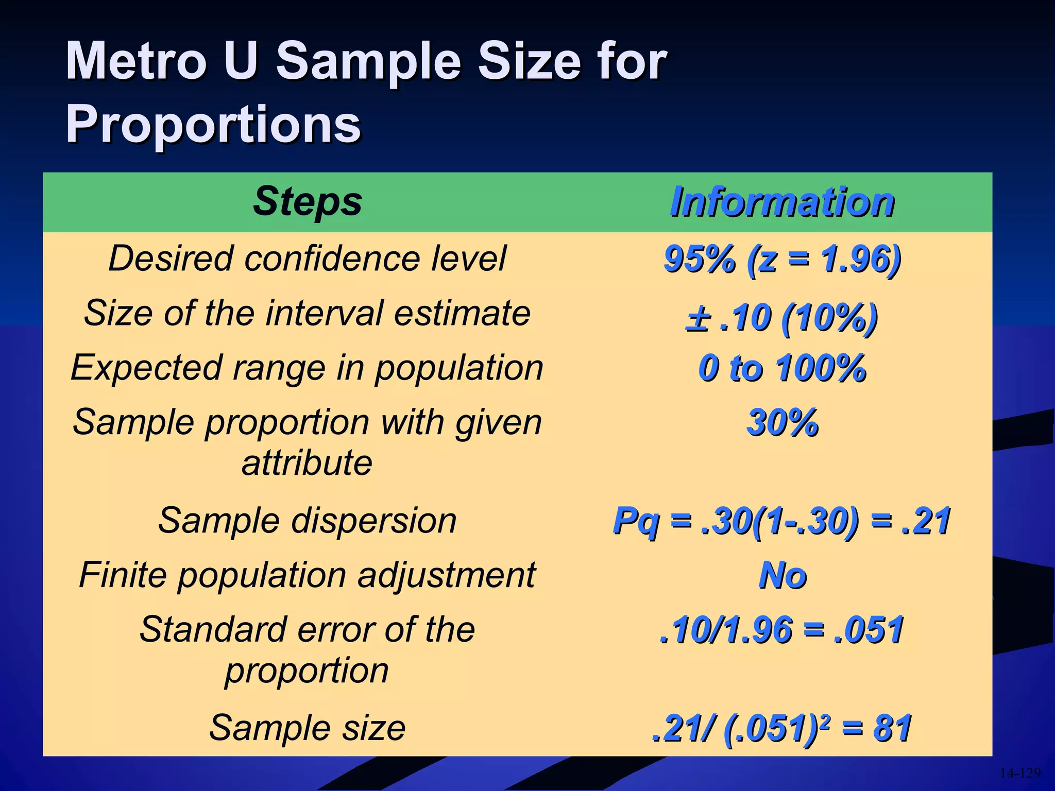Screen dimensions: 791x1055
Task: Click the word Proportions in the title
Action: click(213, 124)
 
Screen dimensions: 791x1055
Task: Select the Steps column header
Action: click(308, 201)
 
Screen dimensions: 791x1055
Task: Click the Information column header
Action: click(782, 202)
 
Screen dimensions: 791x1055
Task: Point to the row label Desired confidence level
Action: click(308, 258)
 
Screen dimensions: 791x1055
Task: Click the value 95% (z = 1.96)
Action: click(782, 259)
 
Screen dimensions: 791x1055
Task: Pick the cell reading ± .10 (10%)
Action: click(782, 318)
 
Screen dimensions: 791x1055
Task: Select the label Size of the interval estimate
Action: click(308, 313)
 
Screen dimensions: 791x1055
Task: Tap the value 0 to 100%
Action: click(782, 368)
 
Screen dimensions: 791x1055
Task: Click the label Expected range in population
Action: click(308, 368)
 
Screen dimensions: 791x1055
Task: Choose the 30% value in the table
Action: click(782, 423)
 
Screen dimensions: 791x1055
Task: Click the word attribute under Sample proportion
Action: click(307, 462)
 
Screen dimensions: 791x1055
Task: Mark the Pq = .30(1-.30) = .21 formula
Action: click(782, 521)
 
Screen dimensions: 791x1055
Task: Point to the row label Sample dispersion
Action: click(308, 520)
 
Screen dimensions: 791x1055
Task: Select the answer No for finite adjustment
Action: click(782, 575)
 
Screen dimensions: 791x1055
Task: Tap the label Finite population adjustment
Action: click(308, 575)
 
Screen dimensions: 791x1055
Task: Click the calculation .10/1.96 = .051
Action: click(782, 630)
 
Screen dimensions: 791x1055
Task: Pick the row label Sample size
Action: click(308, 728)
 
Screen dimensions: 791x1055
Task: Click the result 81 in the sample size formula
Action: click(892, 728)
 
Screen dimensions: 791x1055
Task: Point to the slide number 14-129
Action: click(1020, 773)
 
